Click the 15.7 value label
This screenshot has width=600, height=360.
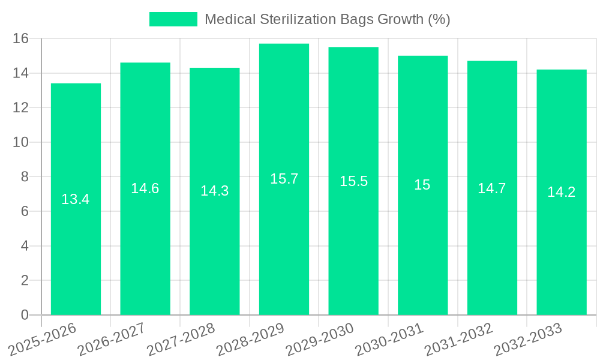pyautogui.click(x=284, y=179)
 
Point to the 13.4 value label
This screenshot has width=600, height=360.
pyautogui.click(x=76, y=199)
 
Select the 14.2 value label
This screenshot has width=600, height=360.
pyautogui.click(x=562, y=192)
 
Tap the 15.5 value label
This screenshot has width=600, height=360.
pyautogui.click(x=353, y=181)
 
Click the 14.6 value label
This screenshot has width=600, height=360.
pyautogui.click(x=145, y=188)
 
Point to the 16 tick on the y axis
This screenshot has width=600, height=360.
pyautogui.click(x=21, y=38)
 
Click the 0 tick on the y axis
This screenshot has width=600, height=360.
pyautogui.click(x=25, y=315)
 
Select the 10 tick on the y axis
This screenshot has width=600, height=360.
pyautogui.click(x=21, y=142)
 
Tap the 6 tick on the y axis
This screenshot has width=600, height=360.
pyautogui.click(x=25, y=211)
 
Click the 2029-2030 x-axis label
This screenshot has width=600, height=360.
pyautogui.click(x=319, y=338)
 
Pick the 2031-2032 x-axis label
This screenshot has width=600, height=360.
pyautogui.click(x=458, y=338)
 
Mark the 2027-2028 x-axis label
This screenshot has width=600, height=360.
pyautogui.click(x=180, y=338)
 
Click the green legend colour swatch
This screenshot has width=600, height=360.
pyautogui.click(x=173, y=19)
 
